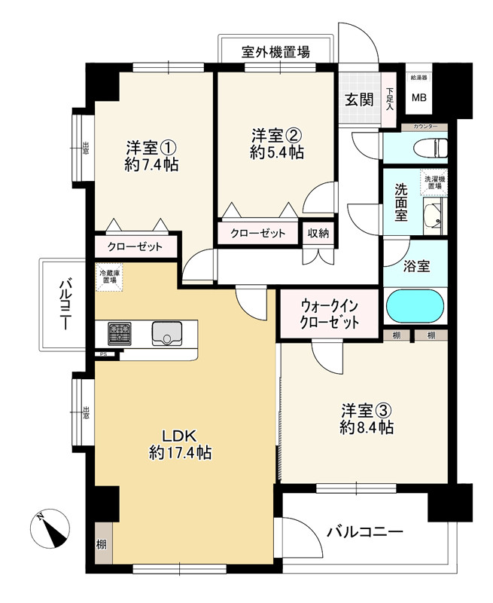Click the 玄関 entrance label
359,99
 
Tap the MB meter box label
416,97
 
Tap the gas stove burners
119,333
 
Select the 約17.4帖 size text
180,453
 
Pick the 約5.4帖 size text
277,152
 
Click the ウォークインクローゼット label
329,314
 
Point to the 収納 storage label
318,233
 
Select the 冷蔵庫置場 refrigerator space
108,277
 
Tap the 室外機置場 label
275,53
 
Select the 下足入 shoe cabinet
389,99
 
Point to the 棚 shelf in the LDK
101,543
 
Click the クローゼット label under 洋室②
258,233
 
